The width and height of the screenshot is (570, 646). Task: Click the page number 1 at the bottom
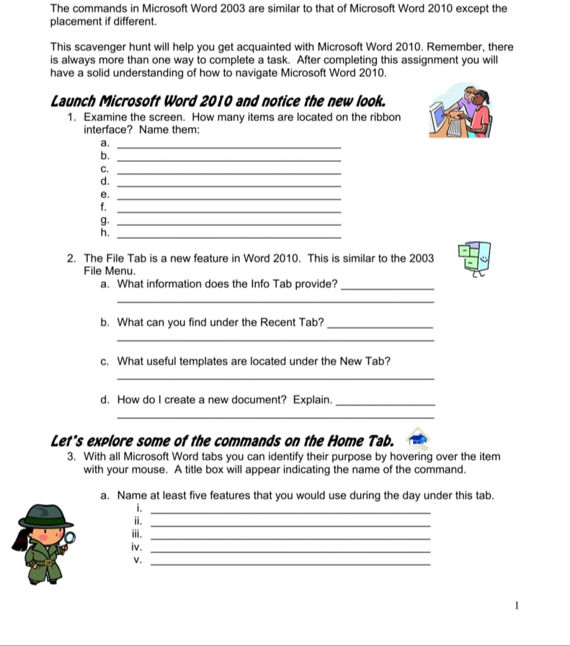pyautogui.click(x=517, y=606)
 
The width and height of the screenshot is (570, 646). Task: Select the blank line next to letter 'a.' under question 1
pyautogui.click(x=228, y=146)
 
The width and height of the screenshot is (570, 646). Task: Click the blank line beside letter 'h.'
pyautogui.click(x=228, y=236)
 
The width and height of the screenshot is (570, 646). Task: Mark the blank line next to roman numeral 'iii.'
pyautogui.click(x=290, y=538)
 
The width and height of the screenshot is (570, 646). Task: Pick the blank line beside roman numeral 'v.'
pyautogui.click(x=290, y=562)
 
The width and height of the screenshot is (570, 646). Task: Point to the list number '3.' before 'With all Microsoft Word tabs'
pyautogui.click(x=72, y=456)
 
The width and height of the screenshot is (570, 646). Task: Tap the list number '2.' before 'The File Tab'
pyautogui.click(x=72, y=258)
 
